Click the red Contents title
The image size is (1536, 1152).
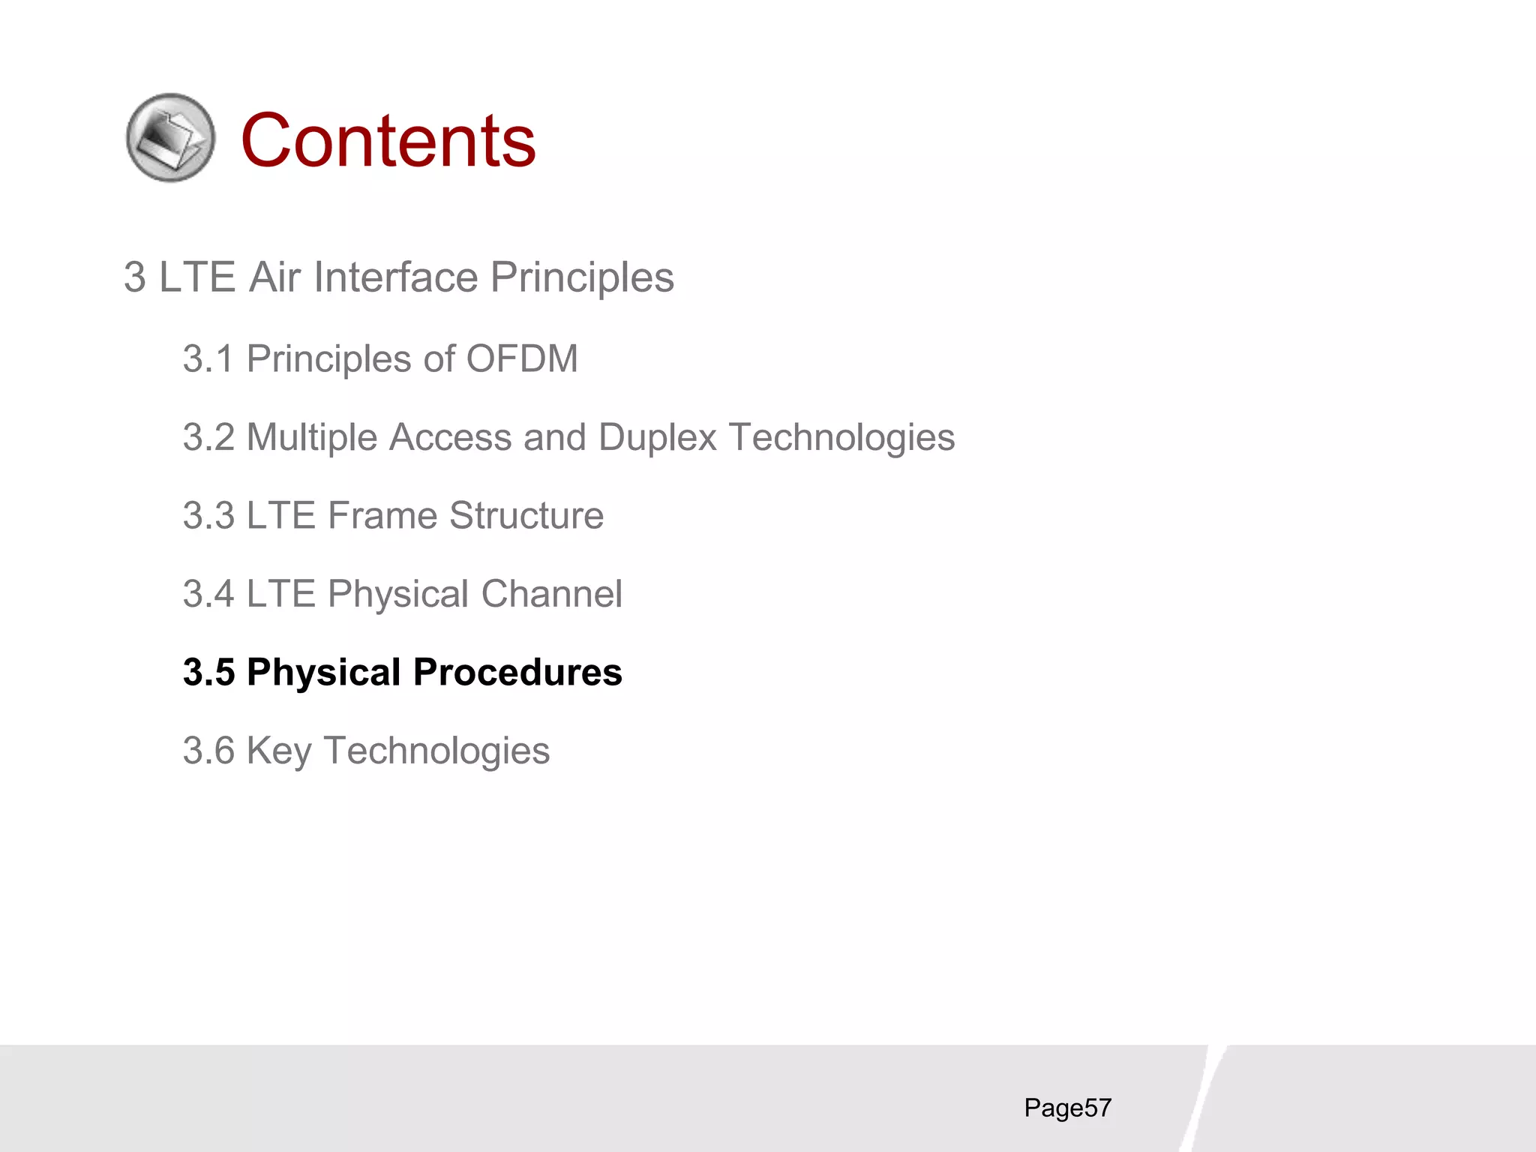[388, 140]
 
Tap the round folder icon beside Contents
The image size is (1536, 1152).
[170, 137]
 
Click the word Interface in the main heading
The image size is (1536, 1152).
[395, 277]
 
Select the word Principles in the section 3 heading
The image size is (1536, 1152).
[582, 277]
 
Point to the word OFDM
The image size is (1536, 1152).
[522, 358]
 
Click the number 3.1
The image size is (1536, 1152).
[208, 358]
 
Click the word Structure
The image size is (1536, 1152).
[526, 515]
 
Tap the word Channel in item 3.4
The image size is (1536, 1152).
[551, 594]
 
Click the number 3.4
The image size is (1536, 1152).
[208, 594]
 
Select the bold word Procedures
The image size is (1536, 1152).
[517, 672]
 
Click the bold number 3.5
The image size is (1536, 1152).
[208, 672]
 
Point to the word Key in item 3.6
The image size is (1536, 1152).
[278, 751]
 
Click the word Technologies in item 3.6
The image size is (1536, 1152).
[436, 751]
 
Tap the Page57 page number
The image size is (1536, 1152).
[1067, 1108]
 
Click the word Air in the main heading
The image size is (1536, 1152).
[274, 277]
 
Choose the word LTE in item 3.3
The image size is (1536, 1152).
[280, 515]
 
